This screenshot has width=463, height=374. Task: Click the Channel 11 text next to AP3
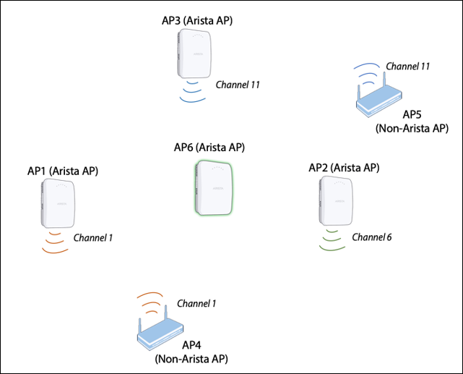(237, 85)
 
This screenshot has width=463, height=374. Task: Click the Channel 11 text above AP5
(408, 66)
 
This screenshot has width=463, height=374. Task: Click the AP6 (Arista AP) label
(209, 148)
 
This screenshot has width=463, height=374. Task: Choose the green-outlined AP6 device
(212, 187)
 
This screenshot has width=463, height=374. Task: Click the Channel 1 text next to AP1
(93, 237)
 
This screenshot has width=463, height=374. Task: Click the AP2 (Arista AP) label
(344, 168)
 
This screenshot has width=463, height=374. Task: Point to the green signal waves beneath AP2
(332, 240)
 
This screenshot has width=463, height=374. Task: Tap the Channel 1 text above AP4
(196, 302)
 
